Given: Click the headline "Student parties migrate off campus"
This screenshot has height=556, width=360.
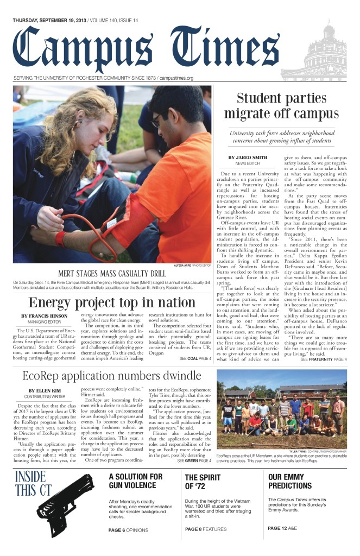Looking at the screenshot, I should [280, 106].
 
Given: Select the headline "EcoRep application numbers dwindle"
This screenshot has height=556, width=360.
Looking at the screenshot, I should [112, 361].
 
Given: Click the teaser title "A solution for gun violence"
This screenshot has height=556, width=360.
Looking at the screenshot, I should [135, 481].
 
